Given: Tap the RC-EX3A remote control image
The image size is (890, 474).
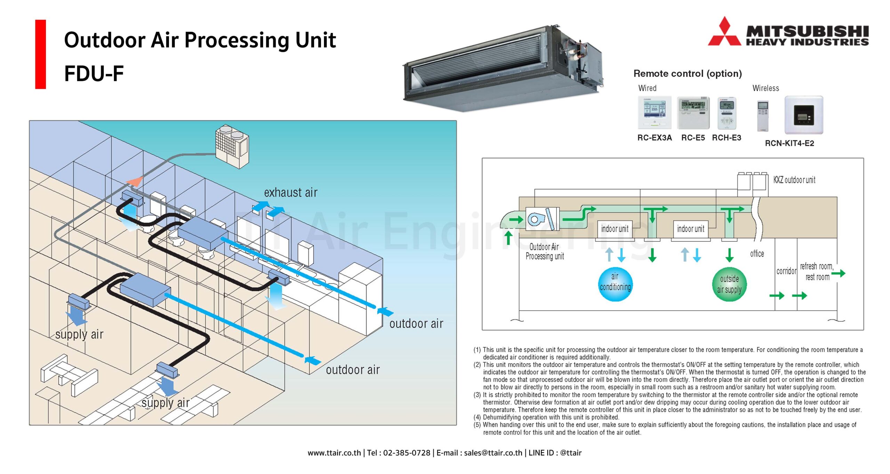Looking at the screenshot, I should point(654,113).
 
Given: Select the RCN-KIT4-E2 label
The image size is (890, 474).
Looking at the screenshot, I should point(789,143).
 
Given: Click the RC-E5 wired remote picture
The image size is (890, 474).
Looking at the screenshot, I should point(693,113).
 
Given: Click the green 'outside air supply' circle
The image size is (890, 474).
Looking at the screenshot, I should point(729,284).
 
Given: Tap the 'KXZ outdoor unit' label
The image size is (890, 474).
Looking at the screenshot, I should point(794,180).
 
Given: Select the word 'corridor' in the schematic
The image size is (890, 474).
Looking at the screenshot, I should point(786,271).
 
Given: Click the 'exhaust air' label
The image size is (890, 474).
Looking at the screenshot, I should point(291,192).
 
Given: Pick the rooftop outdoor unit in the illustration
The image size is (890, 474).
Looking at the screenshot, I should point(232,146).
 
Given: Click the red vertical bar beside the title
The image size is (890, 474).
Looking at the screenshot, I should point(40,54).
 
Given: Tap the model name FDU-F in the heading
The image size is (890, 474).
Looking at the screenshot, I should point(94,73).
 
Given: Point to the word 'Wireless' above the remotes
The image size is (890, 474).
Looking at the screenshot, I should point(766,88).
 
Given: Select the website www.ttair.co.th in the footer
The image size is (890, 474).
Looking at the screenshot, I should point(334,453).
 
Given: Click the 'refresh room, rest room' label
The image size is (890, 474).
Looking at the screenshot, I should point(817,272).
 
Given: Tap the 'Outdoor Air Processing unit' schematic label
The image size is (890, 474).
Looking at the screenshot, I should point(544,251).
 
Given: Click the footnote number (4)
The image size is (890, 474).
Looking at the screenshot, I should point(477,417).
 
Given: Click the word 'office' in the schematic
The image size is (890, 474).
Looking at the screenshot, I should point(757,253).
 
